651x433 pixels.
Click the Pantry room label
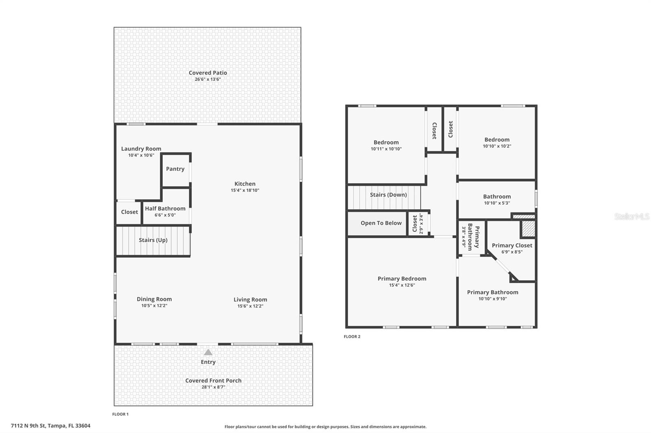point(175,169)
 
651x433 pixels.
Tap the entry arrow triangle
point(208,353)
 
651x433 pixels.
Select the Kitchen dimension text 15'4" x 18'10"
point(245,190)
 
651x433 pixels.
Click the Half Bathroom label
point(165,208)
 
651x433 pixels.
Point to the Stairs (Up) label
point(153,240)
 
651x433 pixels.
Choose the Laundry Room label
point(141,149)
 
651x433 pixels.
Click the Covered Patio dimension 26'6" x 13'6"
point(208,79)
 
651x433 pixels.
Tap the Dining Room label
point(154,299)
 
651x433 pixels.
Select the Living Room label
point(250,299)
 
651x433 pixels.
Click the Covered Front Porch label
point(213,381)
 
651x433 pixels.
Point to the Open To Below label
point(381,223)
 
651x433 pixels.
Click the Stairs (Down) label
point(388,195)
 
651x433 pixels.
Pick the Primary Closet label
point(512,245)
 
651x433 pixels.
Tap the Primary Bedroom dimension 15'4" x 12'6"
point(402,285)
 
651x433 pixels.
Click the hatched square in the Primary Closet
point(528,229)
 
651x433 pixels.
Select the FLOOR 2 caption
point(352,336)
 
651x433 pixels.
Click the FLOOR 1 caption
point(120,414)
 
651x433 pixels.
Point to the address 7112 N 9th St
point(50,426)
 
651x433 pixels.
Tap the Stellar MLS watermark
point(632,217)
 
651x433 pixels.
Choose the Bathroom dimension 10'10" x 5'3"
point(497,203)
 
